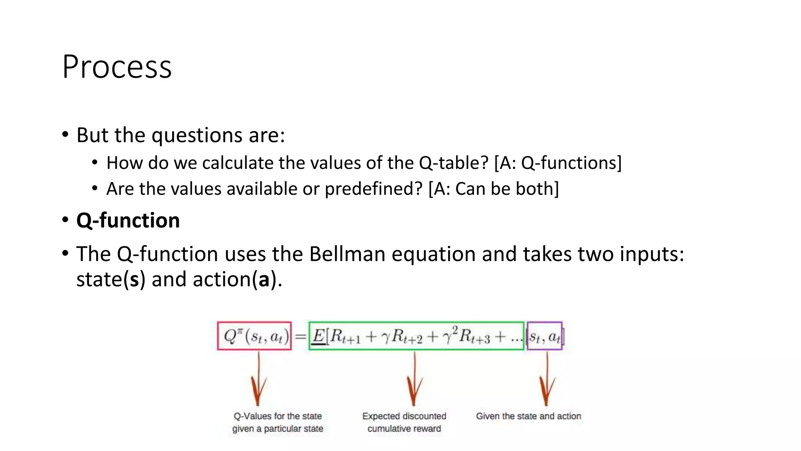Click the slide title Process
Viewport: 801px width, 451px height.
pos(117,67)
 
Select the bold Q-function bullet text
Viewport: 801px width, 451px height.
pos(128,220)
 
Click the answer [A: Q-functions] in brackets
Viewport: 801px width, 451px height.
pos(558,163)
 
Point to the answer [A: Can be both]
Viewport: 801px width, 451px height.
pos(494,189)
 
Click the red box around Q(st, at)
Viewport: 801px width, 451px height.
pos(255,336)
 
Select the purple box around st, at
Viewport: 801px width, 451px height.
pos(544,336)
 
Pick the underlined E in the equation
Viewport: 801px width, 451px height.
pos(319,336)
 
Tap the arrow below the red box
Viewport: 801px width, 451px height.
pos(258,380)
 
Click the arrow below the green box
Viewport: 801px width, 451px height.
pos(414,380)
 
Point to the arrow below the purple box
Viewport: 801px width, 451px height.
pos(547,380)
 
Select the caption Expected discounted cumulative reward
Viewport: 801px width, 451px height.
pos(404,422)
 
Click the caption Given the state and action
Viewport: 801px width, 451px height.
pos(528,416)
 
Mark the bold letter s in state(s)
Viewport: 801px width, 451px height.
pos(135,280)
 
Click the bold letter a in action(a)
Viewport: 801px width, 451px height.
pos(264,280)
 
